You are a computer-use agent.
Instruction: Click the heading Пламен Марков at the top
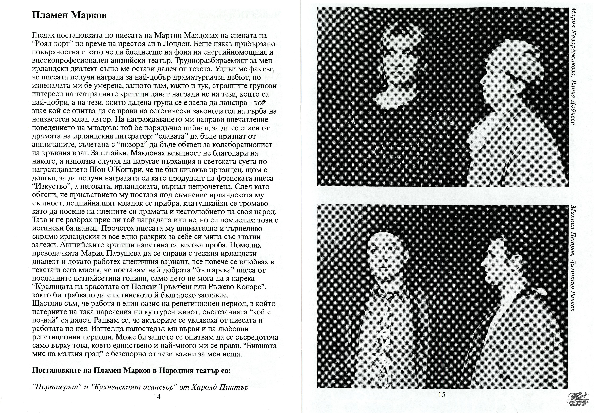point(69,15)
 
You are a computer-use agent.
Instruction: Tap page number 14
point(157,397)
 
